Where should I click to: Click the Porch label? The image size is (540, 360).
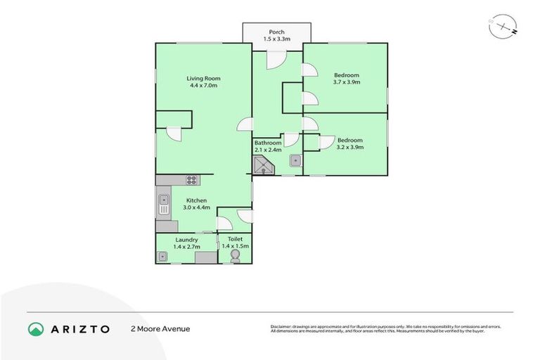tap(276, 31)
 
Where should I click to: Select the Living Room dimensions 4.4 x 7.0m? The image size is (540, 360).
tap(204, 86)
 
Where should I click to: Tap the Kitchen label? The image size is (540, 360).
tap(196, 200)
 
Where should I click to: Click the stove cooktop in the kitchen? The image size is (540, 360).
tap(191, 180)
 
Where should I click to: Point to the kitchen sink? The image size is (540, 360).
tap(163, 204)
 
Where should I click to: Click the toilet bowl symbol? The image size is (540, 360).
tap(234, 257)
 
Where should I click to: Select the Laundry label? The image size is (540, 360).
tap(186, 240)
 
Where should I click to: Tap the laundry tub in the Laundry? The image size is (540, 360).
tap(163, 257)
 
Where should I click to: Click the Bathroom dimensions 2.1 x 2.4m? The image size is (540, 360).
tap(268, 150)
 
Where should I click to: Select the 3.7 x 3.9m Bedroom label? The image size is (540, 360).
tap(346, 82)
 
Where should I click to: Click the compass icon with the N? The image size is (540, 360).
tap(503, 27)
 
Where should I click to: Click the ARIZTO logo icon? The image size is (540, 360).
tap(36, 329)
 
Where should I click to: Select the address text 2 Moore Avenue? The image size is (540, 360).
tap(160, 329)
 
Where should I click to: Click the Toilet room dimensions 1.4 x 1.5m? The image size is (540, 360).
tap(235, 247)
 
